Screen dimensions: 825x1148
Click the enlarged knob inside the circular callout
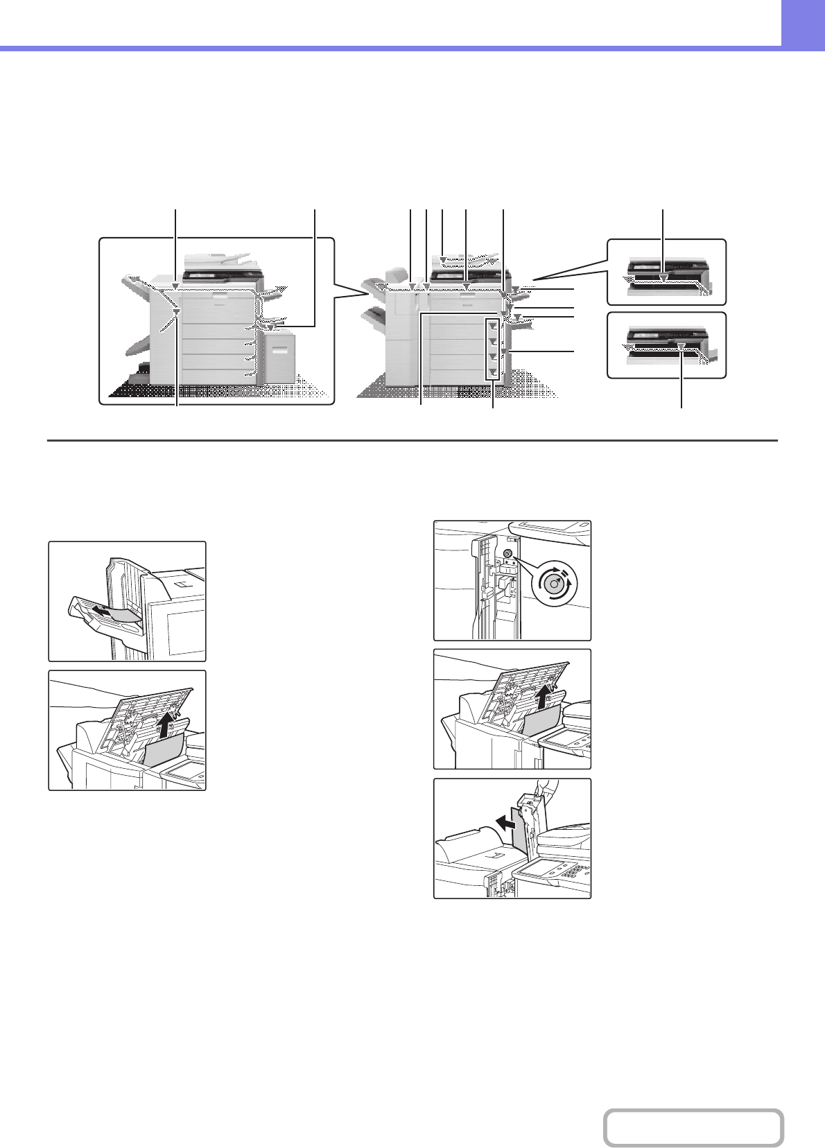point(554,584)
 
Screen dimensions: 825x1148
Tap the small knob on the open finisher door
point(507,555)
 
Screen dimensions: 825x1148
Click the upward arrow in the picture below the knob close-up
point(548,698)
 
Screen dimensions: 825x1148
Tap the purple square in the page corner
point(803,23)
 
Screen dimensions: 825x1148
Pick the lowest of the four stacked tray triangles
point(492,373)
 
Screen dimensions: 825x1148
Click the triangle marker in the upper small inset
point(663,278)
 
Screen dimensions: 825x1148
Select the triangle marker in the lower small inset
point(682,345)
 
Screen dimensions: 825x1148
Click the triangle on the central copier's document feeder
point(444,259)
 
